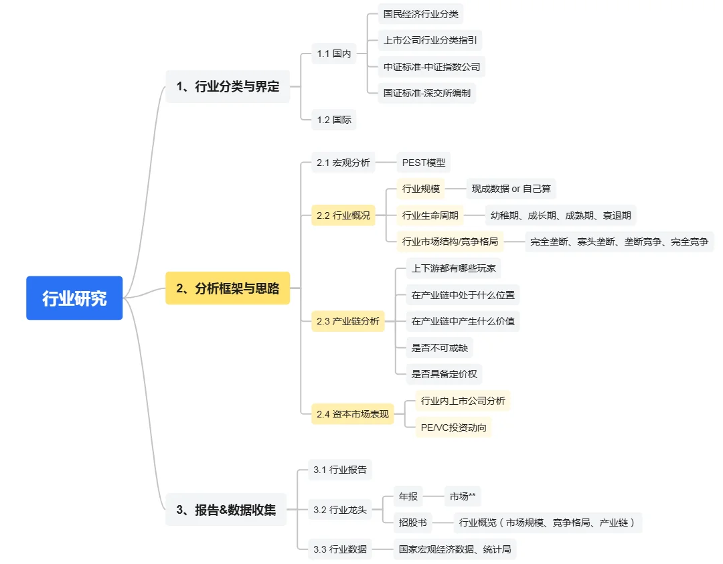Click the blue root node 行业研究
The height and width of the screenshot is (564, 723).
pyautogui.click(x=74, y=298)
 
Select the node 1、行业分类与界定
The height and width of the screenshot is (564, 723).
pyautogui.click(x=228, y=86)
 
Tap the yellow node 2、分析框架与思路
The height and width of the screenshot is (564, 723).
pyautogui.click(x=228, y=288)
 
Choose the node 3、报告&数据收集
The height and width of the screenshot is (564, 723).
pyautogui.click(x=226, y=509)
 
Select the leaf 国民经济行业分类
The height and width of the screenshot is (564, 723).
pyautogui.click(x=421, y=13)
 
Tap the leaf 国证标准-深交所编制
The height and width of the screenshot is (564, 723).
pyautogui.click(x=427, y=93)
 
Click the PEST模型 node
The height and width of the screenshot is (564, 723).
pyautogui.click(x=423, y=162)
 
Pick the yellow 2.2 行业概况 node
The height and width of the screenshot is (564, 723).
pyautogui.click(x=343, y=215)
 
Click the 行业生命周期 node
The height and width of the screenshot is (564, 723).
pyautogui.click(x=430, y=215)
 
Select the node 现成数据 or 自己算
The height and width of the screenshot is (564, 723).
pyautogui.click(x=511, y=189)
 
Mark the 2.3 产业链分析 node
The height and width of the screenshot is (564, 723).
pyautogui.click(x=348, y=321)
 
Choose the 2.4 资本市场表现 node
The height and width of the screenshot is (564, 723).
pyautogui.click(x=352, y=414)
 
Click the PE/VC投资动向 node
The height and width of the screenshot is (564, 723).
pyautogui.click(x=453, y=427)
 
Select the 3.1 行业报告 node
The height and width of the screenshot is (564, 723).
pyautogui.click(x=340, y=470)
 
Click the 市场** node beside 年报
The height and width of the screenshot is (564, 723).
pyautogui.click(x=463, y=496)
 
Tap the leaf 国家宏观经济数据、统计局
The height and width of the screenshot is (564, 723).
pyautogui.click(x=455, y=549)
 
